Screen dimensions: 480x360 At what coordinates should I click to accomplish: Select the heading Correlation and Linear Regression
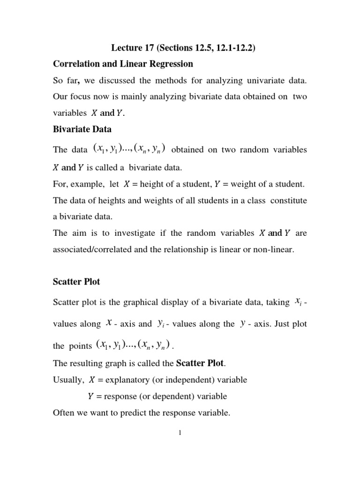pyautogui.click(x=123, y=64)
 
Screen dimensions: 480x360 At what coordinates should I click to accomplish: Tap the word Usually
pyautogui.click(x=68, y=380)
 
